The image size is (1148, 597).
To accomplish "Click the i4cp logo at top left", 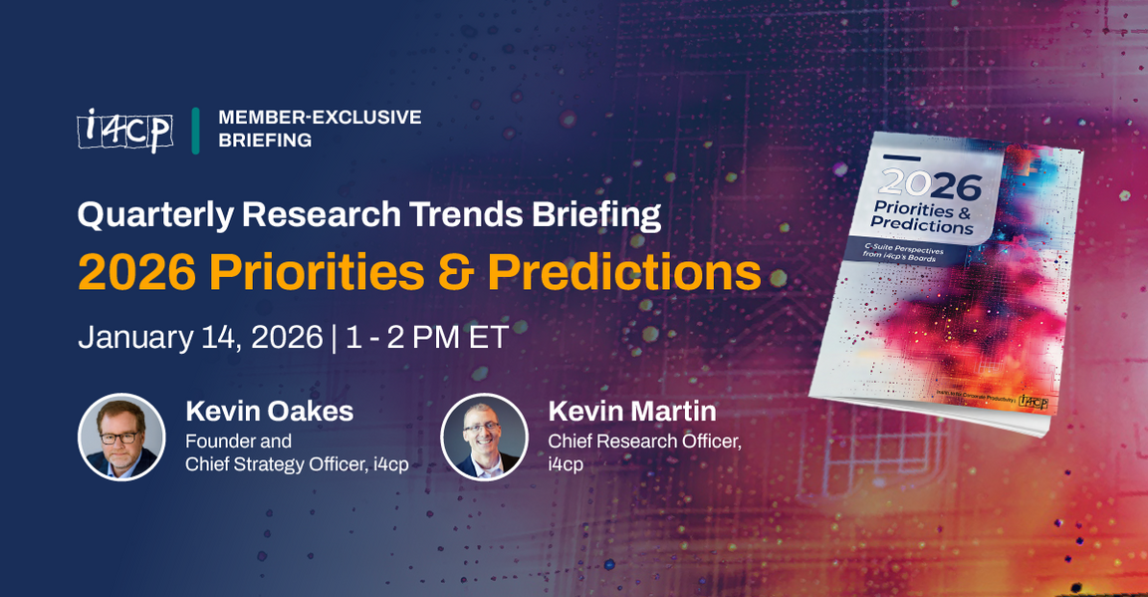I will click(x=124, y=130).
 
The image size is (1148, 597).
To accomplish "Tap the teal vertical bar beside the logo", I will click(x=196, y=130).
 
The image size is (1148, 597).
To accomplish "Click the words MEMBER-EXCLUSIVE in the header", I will click(x=320, y=118).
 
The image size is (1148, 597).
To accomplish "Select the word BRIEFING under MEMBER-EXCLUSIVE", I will click(x=265, y=141).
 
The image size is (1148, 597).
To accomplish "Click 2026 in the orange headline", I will click(x=136, y=271).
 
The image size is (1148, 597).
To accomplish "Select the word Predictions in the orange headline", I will click(x=624, y=271).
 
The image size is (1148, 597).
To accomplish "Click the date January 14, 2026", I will click(x=200, y=337).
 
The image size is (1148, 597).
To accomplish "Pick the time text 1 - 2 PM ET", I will click(x=427, y=337).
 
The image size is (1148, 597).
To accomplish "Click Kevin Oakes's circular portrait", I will click(x=121, y=437).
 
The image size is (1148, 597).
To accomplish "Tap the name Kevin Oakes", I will click(x=269, y=411).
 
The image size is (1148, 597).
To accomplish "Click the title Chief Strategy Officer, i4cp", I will click(x=297, y=463).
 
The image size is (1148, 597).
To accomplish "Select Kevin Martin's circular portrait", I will click(x=484, y=437).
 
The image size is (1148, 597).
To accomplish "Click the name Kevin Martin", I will click(x=631, y=411).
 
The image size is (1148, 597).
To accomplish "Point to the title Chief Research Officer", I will click(x=644, y=441).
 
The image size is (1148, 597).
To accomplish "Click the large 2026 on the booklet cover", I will click(x=932, y=184).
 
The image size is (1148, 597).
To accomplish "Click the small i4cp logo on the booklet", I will click(x=1033, y=403).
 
